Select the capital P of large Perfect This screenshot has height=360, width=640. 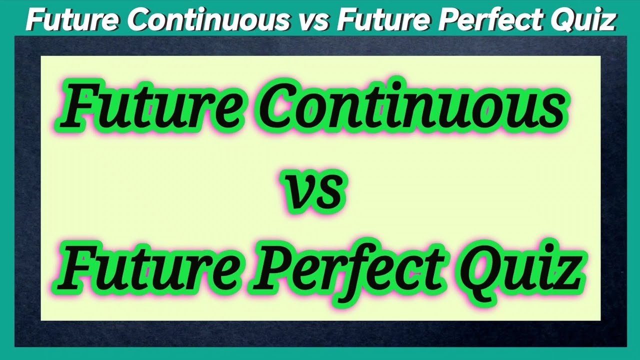[x=272, y=270]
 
